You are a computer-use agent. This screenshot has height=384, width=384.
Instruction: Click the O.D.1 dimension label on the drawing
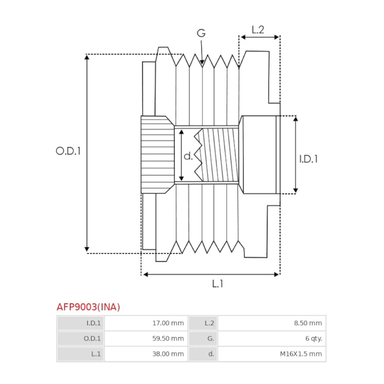click(68, 151)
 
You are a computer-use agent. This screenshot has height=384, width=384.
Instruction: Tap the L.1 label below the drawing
click(217, 284)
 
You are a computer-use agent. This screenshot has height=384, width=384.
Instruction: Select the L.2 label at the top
click(258, 30)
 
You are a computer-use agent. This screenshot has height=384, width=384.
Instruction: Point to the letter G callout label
click(201, 33)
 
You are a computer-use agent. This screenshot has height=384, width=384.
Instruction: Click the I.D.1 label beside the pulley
click(309, 159)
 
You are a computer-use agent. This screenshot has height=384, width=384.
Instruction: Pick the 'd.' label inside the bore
click(188, 156)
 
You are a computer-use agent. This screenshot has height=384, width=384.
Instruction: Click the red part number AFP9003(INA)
click(88, 307)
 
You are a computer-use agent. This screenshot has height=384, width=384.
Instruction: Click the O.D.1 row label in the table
click(92, 339)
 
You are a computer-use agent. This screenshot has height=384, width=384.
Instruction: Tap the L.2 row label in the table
click(209, 323)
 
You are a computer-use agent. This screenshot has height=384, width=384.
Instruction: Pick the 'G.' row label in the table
click(211, 339)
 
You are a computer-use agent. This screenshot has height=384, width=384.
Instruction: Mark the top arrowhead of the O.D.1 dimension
click(87, 57)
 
